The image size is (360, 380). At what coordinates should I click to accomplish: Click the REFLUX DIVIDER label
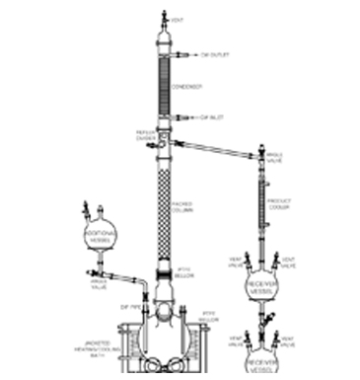pyautogui.click(x=146, y=135)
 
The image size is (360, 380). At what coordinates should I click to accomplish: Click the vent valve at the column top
pyautogui.click(x=164, y=19)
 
